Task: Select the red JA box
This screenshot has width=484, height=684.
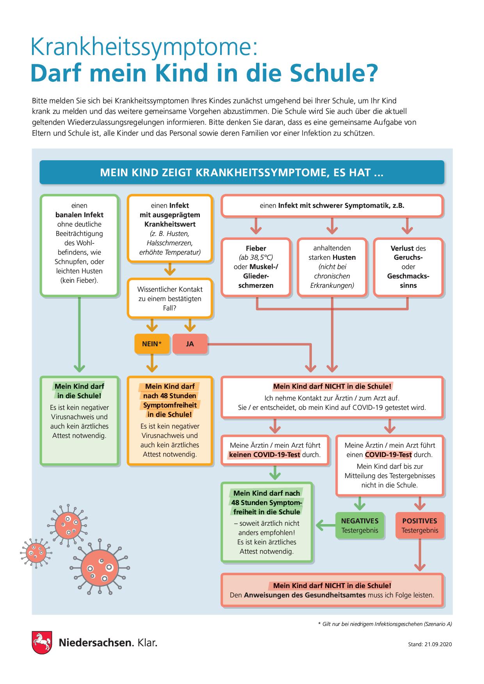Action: (190, 344)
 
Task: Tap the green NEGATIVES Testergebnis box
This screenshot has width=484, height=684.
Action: (360, 525)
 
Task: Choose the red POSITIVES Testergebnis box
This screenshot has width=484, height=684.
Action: (420, 525)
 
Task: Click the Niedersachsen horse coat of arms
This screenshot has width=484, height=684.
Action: (42, 642)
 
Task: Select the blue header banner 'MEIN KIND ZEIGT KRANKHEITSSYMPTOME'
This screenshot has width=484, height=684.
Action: (242, 172)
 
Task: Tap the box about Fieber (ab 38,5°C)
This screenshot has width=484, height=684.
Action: (256, 267)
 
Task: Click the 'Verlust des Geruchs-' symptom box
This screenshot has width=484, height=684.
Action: (408, 267)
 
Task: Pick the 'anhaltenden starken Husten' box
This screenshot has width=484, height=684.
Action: (332, 267)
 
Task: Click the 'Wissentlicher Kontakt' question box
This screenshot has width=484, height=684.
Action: (170, 299)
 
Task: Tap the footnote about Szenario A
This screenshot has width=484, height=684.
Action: (385, 624)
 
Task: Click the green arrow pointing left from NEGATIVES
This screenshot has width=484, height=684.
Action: (325, 525)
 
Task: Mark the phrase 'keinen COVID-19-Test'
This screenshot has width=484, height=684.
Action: (265, 455)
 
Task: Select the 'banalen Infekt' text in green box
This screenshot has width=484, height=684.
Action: (80, 215)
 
